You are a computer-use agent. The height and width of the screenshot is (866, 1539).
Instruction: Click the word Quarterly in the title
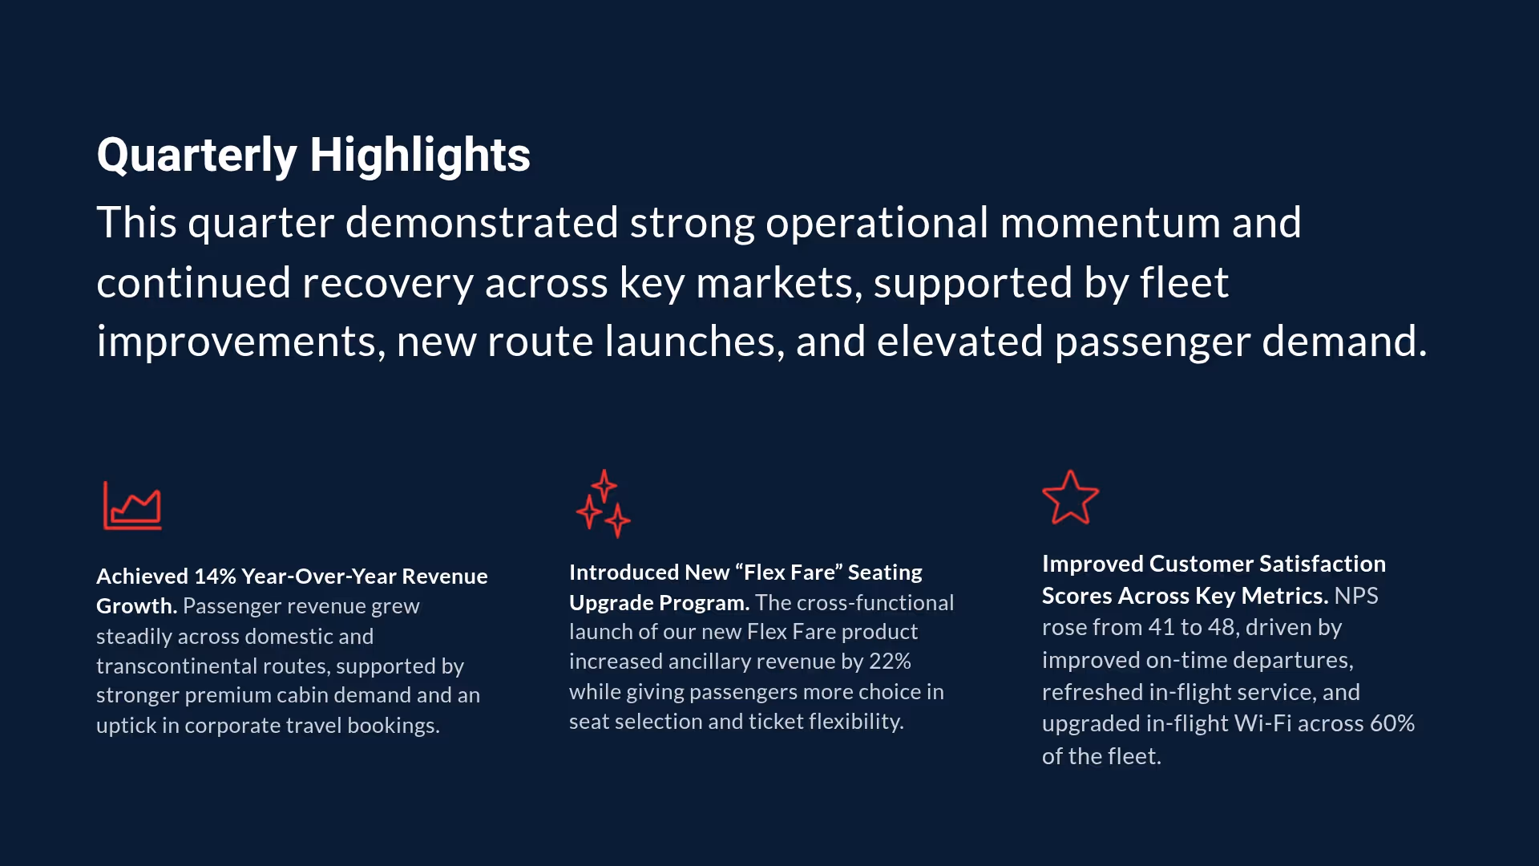click(x=196, y=155)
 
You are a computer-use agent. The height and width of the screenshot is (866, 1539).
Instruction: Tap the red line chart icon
click(x=132, y=505)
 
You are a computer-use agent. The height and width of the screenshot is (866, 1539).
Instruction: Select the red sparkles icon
click(x=604, y=504)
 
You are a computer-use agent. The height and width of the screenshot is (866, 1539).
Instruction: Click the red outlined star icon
click(x=1070, y=498)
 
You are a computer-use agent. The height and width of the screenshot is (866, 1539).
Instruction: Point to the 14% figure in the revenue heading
click(x=215, y=577)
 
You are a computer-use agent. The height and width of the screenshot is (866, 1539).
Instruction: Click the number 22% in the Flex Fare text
click(x=890, y=662)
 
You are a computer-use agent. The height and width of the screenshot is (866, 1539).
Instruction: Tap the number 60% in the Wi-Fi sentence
click(x=1392, y=723)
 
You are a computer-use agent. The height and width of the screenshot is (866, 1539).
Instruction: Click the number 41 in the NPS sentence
click(x=1161, y=627)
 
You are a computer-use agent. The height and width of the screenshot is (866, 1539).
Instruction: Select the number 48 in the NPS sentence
click(x=1221, y=627)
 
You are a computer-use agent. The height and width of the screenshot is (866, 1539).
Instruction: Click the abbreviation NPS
click(x=1356, y=596)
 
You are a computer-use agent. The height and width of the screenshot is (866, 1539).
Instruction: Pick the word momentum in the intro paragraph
click(x=1110, y=223)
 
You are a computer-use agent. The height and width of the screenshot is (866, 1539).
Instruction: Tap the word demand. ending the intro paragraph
click(x=1344, y=342)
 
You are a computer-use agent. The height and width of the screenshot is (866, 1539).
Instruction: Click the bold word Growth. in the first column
click(x=136, y=606)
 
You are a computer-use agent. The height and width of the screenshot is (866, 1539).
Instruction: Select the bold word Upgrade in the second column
click(x=611, y=603)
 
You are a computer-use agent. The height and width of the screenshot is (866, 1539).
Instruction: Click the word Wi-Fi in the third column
click(x=1262, y=723)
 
